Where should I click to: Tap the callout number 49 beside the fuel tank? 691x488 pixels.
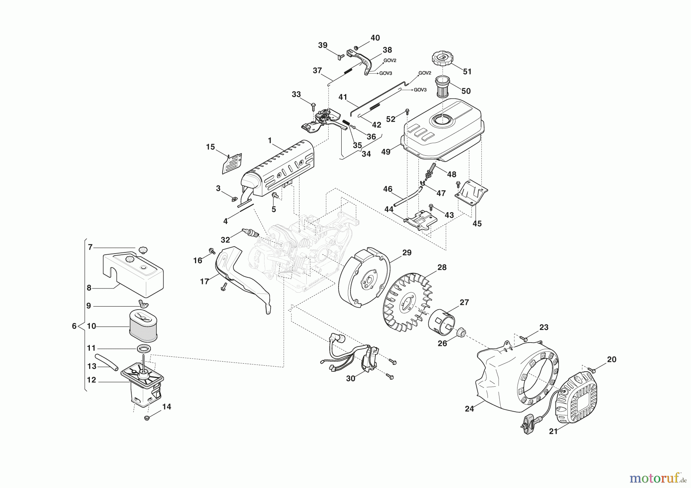point(386,152)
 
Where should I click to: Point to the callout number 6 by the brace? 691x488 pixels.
point(74,326)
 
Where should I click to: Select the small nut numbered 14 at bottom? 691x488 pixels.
point(146,418)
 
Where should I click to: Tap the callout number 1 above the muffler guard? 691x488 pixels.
point(269,141)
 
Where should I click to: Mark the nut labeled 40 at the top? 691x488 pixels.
point(356,48)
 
